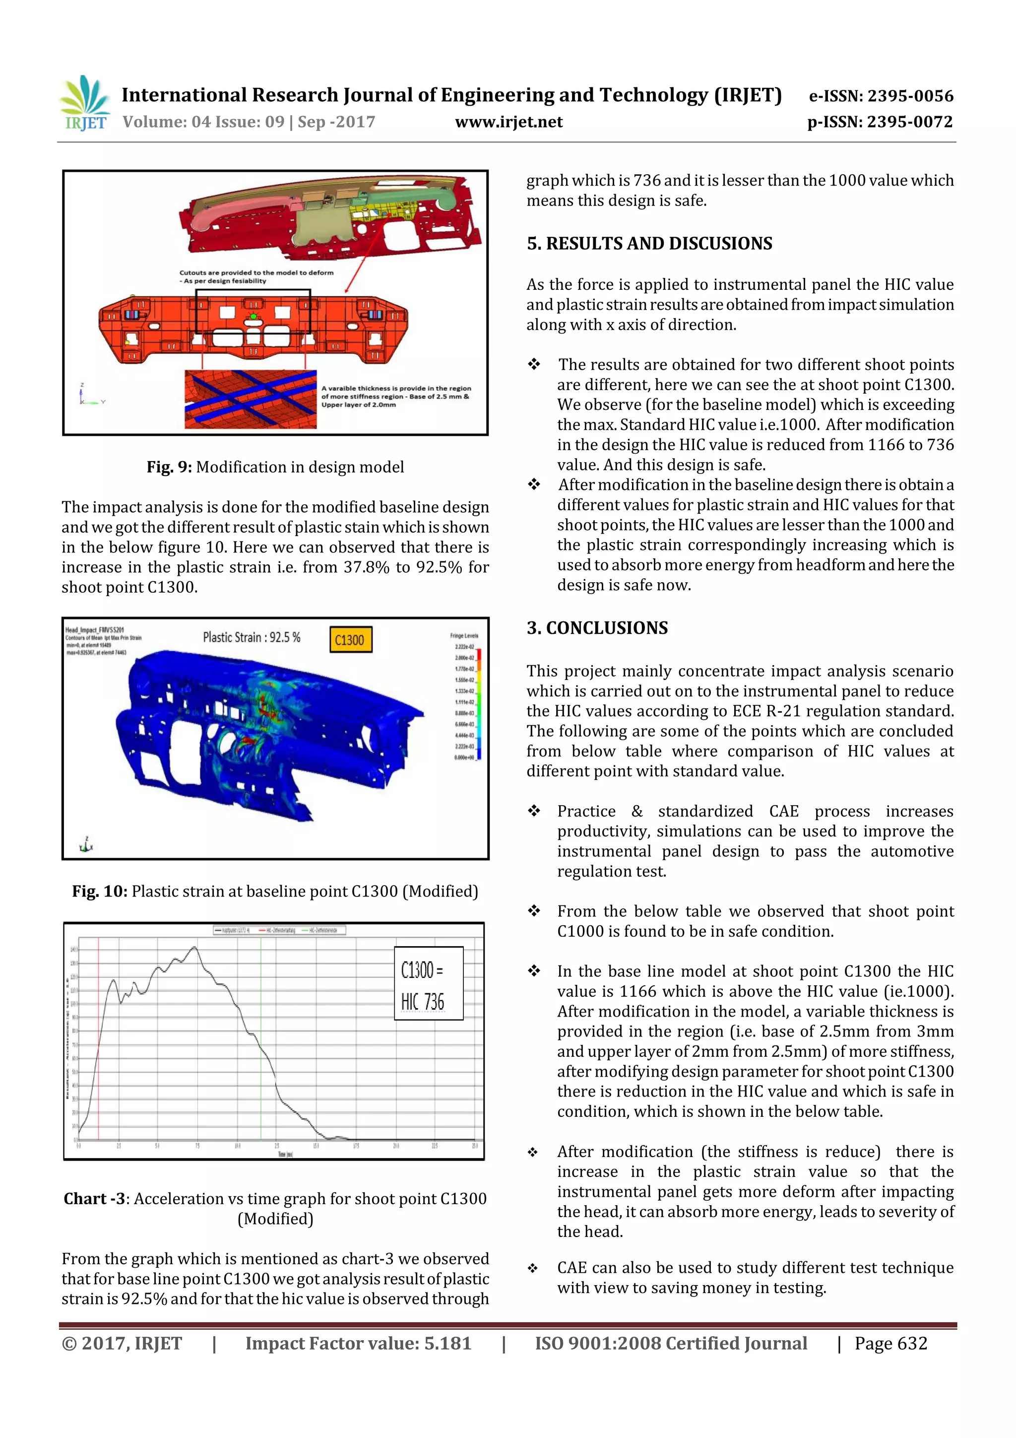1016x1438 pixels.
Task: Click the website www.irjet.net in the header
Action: pyautogui.click(x=508, y=122)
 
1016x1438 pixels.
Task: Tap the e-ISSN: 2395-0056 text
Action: pyautogui.click(x=881, y=96)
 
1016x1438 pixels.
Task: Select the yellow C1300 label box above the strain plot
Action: pyautogui.click(x=350, y=639)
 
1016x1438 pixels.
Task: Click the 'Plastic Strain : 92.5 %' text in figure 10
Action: pyautogui.click(x=252, y=637)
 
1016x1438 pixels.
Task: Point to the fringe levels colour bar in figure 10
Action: pyautogui.click(x=479, y=704)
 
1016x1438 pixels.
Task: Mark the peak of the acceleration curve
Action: pyautogui.click(x=194, y=948)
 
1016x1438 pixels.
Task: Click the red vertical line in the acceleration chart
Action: pyautogui.click(x=98, y=1040)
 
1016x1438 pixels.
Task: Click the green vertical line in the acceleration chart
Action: pyautogui.click(x=261, y=1040)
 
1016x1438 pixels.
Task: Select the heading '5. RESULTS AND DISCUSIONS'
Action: pyautogui.click(x=649, y=244)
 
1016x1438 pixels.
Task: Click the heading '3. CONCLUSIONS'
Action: pyautogui.click(x=597, y=628)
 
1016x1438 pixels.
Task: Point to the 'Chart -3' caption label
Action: pyautogui.click(x=94, y=1199)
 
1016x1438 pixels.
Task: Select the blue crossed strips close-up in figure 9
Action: pyautogui.click(x=251, y=399)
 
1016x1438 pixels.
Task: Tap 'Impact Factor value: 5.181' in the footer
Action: pyautogui.click(x=358, y=1343)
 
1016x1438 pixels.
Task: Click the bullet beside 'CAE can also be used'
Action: pyautogui.click(x=532, y=1268)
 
